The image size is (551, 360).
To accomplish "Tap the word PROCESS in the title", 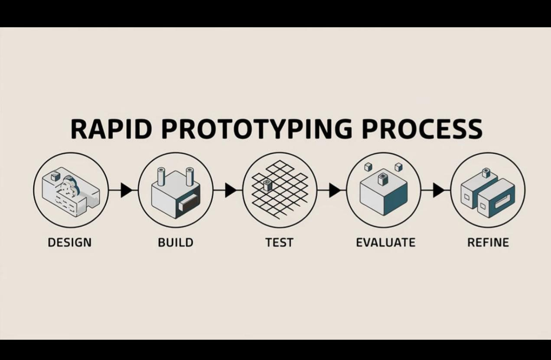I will pos(422,128).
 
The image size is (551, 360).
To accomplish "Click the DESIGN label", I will pos(70,242).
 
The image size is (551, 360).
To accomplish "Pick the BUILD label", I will pos(175,242).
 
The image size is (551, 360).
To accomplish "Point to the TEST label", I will pos(279,242).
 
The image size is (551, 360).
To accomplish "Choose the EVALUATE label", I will pos(385,242).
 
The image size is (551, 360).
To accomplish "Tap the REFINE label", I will pos(488,242).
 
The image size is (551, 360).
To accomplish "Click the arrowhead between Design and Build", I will pos(126,190).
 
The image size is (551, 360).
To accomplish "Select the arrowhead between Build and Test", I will pos(231,190).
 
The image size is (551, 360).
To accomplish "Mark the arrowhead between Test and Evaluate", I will pos(335,190).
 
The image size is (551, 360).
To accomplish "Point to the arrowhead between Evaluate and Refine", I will pos(439,190).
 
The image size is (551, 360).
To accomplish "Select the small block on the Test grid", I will pos(267,185).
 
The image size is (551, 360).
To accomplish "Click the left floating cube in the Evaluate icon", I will pos(368,167).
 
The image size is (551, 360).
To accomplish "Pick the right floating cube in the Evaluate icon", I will pos(398,167).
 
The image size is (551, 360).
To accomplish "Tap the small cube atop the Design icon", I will pos(55,177).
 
